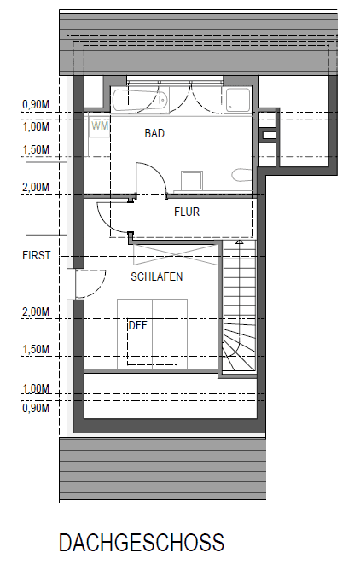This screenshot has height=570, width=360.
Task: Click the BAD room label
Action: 154,134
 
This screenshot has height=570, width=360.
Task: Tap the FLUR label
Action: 187,212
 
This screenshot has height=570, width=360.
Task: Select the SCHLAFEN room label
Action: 156,277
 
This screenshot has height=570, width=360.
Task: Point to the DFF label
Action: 137,325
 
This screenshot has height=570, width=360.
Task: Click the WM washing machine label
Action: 100,125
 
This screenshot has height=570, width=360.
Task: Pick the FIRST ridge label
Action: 37,255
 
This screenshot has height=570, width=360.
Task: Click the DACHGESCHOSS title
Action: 142,543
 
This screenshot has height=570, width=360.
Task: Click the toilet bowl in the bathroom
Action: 242,177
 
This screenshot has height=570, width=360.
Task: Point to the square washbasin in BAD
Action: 191,180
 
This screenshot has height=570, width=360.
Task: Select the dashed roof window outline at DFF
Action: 153,341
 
